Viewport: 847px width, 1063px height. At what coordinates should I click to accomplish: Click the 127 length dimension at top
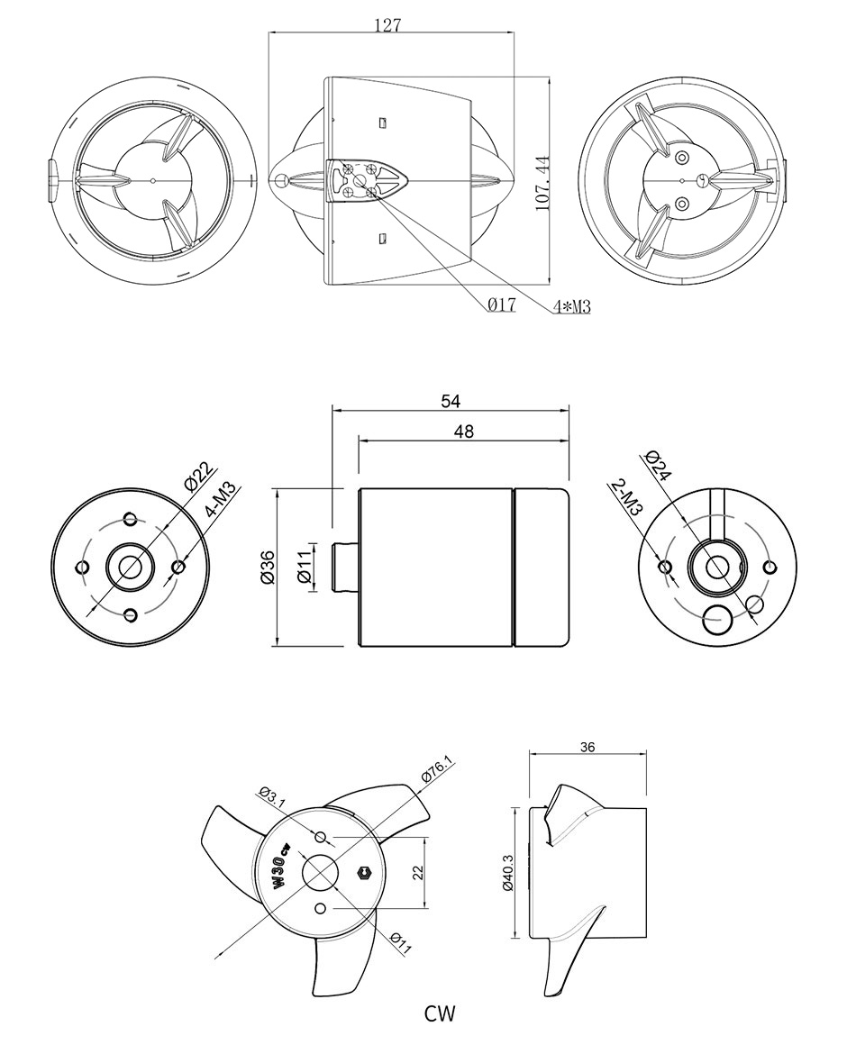[387, 25]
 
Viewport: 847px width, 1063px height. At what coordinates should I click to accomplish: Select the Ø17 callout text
[501, 305]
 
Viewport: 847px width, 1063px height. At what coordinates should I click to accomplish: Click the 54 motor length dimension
[451, 402]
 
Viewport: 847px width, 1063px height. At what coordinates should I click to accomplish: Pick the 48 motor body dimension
[463, 432]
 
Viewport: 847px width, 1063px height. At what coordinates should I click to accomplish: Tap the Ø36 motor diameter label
[267, 567]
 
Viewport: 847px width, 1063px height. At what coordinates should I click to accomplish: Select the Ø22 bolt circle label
[197, 476]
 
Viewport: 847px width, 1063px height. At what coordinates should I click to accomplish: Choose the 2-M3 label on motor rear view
[626, 497]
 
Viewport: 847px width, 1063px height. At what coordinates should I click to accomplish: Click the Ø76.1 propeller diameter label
[438, 770]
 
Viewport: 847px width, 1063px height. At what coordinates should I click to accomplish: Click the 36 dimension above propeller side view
[587, 747]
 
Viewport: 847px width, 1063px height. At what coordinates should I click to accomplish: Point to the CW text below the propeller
[440, 1014]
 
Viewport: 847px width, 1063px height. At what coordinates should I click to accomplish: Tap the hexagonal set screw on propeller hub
[365, 871]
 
